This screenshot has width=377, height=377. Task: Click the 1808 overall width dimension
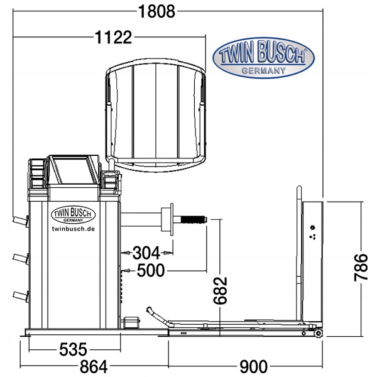tap(156, 11)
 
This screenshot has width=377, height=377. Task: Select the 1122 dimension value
tap(114, 37)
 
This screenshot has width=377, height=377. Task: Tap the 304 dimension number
tap(146, 253)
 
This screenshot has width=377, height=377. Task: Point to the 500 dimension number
tap(151, 270)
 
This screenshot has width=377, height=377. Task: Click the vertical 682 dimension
tap(221, 290)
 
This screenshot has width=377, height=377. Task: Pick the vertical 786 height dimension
tap(361, 267)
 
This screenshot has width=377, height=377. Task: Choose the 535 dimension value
tap(73, 349)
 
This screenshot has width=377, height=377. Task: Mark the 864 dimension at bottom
tap(94, 367)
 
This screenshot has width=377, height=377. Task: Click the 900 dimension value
tap(253, 367)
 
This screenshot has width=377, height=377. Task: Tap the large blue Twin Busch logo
tap(263, 58)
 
